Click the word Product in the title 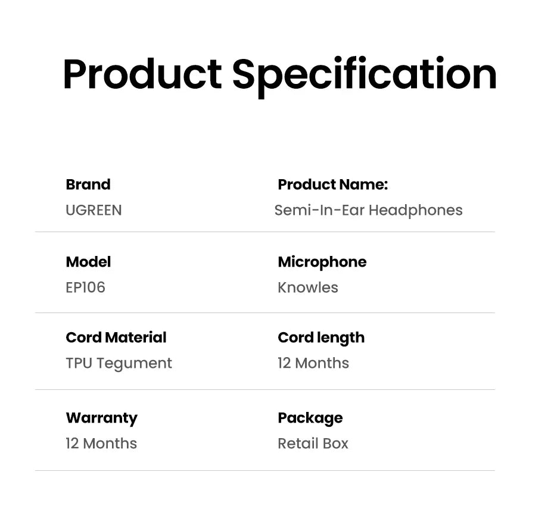click(142, 74)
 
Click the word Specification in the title click(364, 74)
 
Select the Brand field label click(88, 185)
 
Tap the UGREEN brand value click(94, 210)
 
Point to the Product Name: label click(332, 185)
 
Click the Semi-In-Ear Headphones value click(368, 210)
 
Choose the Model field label click(88, 262)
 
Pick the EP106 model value click(85, 287)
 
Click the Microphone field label click(322, 262)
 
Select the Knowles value click(307, 287)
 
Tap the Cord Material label click(116, 337)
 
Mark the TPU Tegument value click(119, 363)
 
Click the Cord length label click(321, 337)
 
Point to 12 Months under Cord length click(313, 363)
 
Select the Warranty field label click(101, 418)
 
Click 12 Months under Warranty click(101, 443)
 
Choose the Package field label click(310, 418)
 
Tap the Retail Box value click(313, 443)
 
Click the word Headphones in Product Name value click(415, 210)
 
